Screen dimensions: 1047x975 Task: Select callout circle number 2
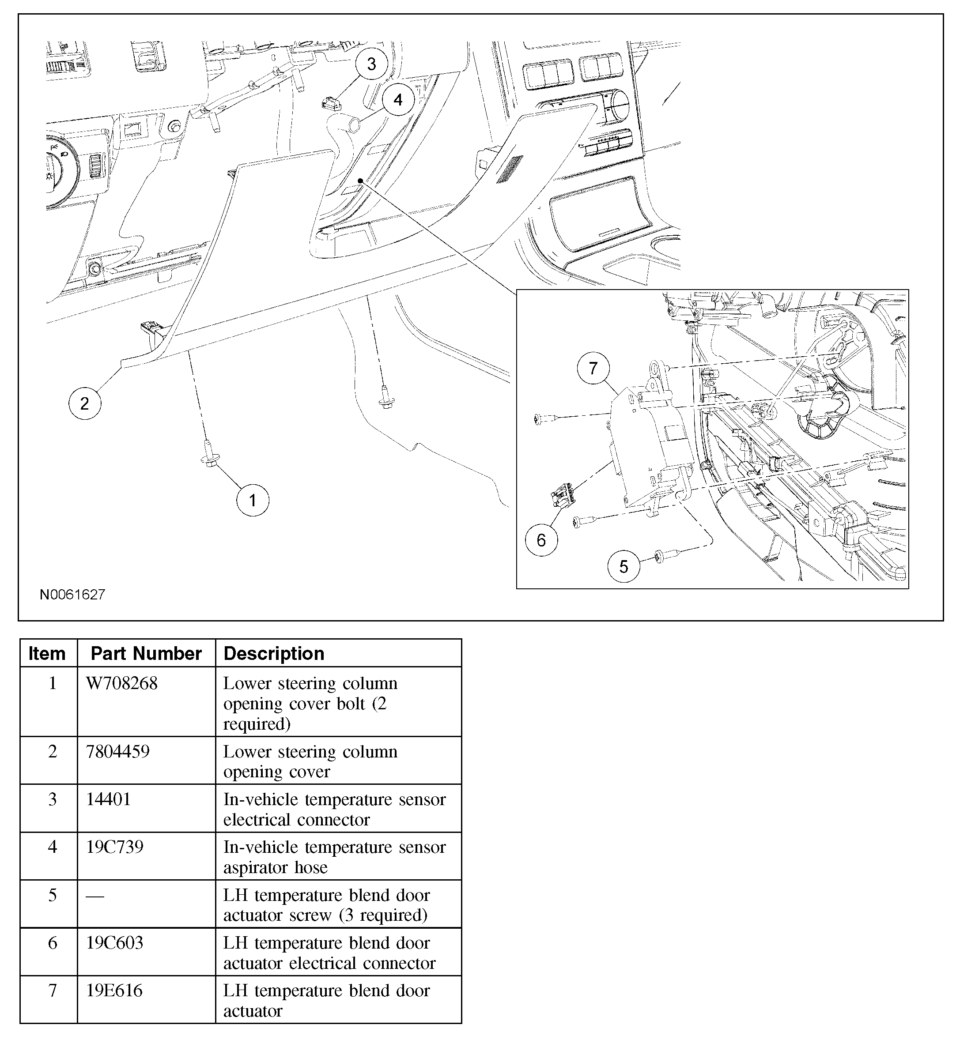(x=84, y=403)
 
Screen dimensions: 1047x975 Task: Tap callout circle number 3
(x=371, y=64)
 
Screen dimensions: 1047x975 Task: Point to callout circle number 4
(x=398, y=100)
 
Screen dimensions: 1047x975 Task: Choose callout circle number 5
(x=624, y=566)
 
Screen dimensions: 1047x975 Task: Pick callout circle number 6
(x=541, y=540)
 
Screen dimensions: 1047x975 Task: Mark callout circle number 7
(x=593, y=368)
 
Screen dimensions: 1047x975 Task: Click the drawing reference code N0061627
(x=73, y=595)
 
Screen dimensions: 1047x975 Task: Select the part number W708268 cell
(x=122, y=684)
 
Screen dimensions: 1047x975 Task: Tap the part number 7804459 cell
(x=118, y=752)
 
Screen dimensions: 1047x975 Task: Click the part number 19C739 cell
(x=115, y=847)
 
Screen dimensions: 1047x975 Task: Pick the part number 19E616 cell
(x=114, y=991)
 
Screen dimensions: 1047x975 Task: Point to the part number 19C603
(x=115, y=943)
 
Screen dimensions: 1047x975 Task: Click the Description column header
(x=274, y=654)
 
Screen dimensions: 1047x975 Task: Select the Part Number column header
(x=146, y=654)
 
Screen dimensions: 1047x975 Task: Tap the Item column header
(x=47, y=654)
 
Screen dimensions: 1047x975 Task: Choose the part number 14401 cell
(x=108, y=799)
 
